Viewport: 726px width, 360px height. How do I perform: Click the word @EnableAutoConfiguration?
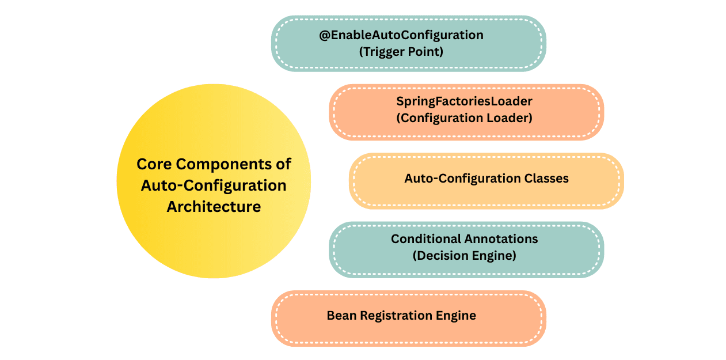click(x=401, y=35)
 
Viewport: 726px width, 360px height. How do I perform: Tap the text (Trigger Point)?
click(x=401, y=51)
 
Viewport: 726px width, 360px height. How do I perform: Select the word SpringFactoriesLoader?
click(x=464, y=101)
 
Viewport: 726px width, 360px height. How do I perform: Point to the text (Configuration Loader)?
click(x=464, y=118)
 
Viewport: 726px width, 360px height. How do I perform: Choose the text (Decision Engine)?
click(x=464, y=255)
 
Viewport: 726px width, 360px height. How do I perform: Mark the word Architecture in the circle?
click(x=214, y=206)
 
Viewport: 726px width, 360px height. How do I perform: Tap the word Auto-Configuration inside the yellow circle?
click(x=214, y=185)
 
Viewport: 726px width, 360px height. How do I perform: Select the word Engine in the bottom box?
click(x=458, y=316)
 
